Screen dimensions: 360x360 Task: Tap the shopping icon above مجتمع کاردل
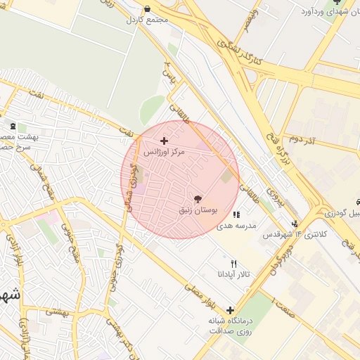(147, 9)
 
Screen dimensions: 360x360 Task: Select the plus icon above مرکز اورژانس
(165, 141)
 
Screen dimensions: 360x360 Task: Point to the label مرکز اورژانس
(165, 152)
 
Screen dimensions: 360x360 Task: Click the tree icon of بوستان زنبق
(198, 200)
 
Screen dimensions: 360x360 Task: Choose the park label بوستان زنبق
(197, 210)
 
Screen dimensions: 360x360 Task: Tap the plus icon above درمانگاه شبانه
(230, 310)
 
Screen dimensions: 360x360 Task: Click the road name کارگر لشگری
(239, 53)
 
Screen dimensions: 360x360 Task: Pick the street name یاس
(167, 72)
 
